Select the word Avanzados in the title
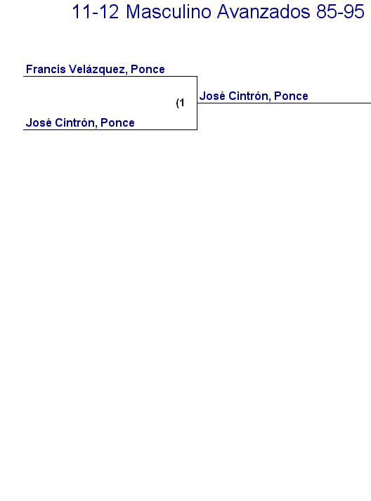(x=263, y=12)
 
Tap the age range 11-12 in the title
(x=96, y=12)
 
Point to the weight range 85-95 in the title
(x=340, y=12)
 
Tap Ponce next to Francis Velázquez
(x=148, y=70)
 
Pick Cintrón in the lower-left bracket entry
(x=76, y=122)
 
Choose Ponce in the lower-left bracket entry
(x=117, y=122)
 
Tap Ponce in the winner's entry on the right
(x=291, y=96)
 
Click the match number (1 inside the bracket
(x=181, y=103)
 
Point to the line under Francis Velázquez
(x=110, y=77)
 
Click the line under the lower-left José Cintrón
(x=110, y=129)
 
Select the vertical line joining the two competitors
(x=197, y=103)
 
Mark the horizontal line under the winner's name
(x=284, y=103)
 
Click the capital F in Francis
(x=29, y=69)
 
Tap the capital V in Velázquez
(x=72, y=69)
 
